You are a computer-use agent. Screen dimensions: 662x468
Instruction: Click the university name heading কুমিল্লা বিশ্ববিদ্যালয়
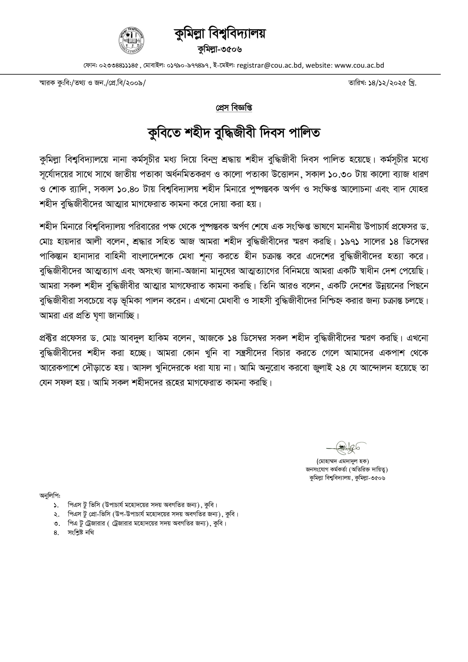[x=220, y=34]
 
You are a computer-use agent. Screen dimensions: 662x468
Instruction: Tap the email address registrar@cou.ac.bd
[x=269, y=65]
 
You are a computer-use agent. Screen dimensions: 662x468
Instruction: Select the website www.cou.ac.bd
[x=359, y=65]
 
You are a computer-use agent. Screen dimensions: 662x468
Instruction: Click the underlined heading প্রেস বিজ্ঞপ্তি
[x=234, y=108]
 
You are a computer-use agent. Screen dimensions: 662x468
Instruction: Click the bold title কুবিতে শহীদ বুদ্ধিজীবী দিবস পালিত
[x=234, y=133]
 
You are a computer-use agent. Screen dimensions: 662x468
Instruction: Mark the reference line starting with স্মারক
[x=92, y=83]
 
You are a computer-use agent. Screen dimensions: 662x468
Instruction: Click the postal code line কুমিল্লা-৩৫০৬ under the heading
[x=220, y=50]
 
